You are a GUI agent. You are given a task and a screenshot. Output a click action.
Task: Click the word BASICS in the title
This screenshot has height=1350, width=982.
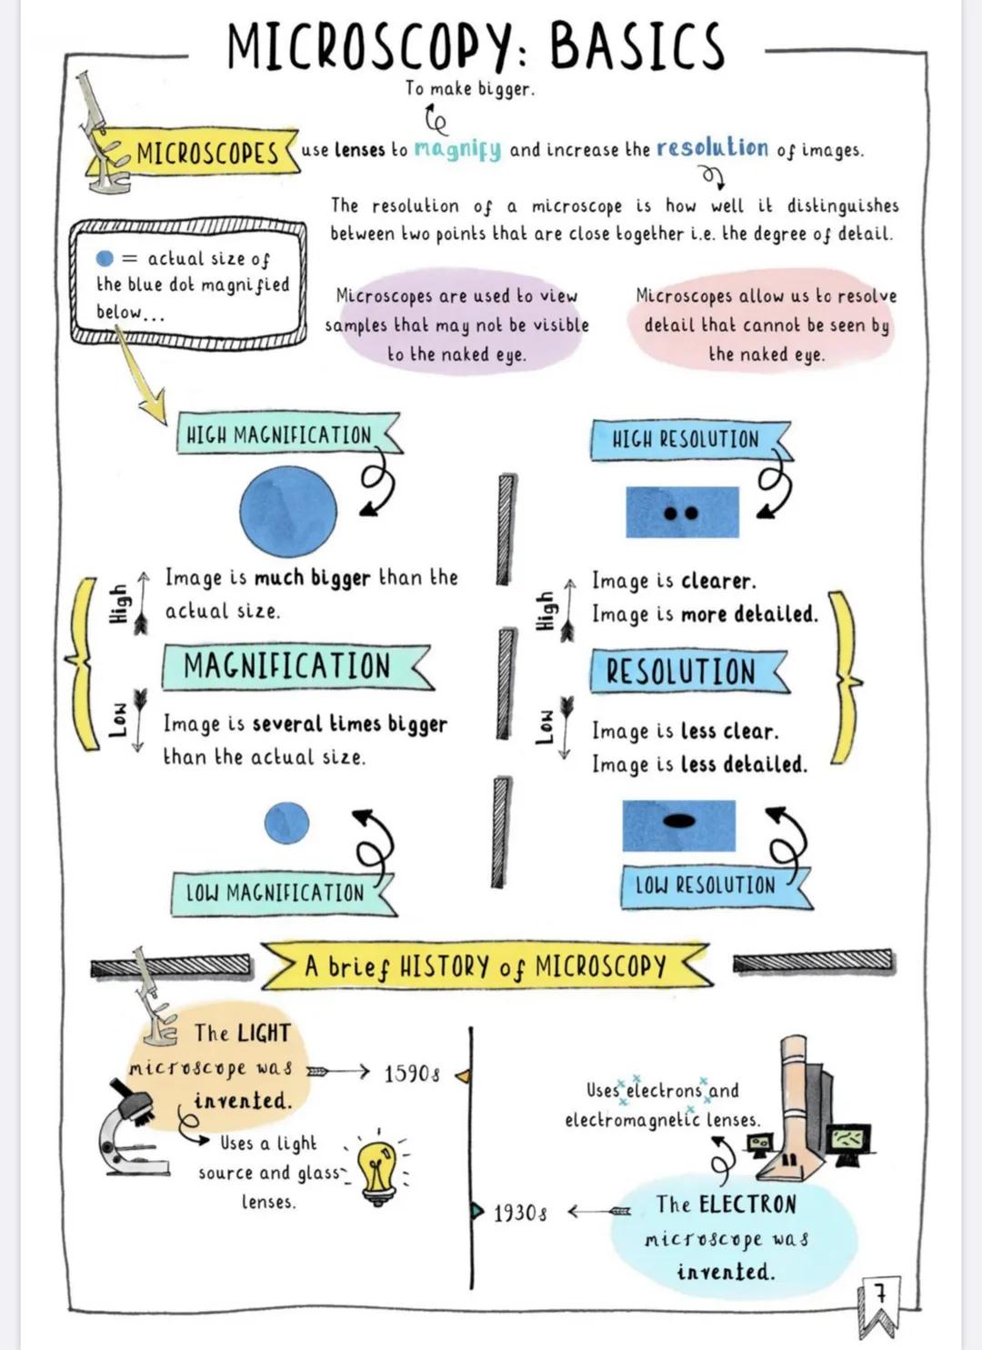coord(636,45)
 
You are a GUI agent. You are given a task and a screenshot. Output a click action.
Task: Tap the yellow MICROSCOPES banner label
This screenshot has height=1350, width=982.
coord(207,153)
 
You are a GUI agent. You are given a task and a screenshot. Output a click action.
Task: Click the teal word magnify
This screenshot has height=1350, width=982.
coord(457,149)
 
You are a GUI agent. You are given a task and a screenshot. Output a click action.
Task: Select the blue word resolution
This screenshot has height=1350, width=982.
coord(712,147)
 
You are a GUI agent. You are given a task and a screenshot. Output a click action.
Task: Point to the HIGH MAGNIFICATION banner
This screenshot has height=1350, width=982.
coord(279,435)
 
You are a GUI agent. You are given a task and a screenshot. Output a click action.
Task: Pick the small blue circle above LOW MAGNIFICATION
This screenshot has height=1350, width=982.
coord(286,824)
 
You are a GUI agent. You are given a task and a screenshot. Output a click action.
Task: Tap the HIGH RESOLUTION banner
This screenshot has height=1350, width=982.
coord(685,440)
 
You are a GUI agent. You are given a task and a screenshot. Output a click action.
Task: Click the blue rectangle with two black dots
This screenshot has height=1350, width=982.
coord(682,512)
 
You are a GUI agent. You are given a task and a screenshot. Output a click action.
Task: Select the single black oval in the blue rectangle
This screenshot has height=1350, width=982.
coord(678,821)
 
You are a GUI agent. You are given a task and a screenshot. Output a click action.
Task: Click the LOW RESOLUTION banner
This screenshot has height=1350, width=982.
coord(705,885)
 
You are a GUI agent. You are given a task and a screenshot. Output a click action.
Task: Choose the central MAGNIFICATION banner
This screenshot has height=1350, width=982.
coord(286,666)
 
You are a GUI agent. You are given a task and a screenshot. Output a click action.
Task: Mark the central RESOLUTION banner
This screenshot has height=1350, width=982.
coord(681,672)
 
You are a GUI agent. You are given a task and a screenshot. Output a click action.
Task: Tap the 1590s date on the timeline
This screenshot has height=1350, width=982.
coord(412,1074)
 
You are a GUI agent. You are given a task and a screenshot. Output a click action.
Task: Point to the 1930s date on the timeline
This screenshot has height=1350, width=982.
coord(520,1213)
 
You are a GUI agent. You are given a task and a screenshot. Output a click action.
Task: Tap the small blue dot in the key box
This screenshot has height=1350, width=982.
coord(105,258)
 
